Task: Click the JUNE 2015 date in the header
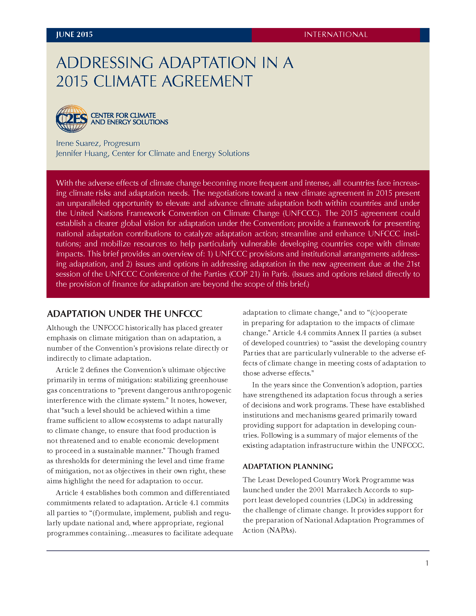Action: [x=74, y=35]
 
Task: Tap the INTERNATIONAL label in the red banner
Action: [x=335, y=35]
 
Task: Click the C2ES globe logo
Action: [x=72, y=119]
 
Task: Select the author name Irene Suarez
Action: [x=77, y=143]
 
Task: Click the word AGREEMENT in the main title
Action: [x=207, y=81]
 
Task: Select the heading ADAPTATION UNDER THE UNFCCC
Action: [x=125, y=314]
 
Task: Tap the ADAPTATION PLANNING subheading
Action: [x=288, y=466]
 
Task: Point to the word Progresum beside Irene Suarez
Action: [x=122, y=143]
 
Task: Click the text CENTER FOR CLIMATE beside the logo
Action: [x=123, y=116]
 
